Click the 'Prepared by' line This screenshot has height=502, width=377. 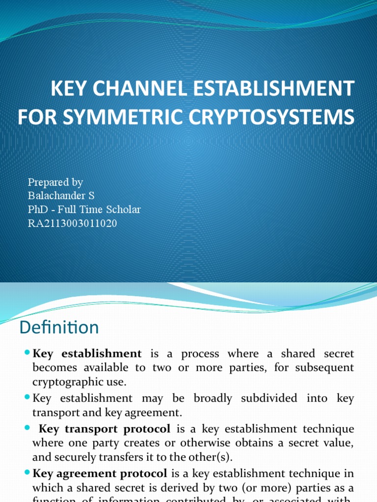(x=55, y=182)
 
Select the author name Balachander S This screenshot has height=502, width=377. (x=61, y=196)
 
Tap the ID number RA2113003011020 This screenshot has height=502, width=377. (x=73, y=224)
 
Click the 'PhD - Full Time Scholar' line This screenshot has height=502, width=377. (x=84, y=210)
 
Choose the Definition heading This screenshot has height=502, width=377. (x=59, y=327)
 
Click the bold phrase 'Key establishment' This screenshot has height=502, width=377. (x=87, y=354)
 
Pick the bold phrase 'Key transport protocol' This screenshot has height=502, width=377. (x=105, y=429)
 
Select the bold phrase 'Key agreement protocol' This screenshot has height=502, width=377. (x=100, y=474)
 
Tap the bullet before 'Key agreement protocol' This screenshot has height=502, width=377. (x=27, y=474)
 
